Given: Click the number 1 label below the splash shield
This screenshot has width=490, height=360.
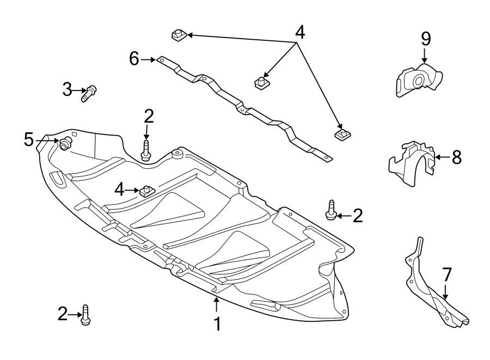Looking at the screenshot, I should pyautogui.click(x=217, y=324).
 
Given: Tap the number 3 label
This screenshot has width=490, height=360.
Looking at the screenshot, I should pyautogui.click(x=66, y=89).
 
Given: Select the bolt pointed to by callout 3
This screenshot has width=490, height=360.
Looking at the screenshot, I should pyautogui.click(x=88, y=93).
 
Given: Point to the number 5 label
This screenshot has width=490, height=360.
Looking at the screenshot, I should pyautogui.click(x=29, y=140).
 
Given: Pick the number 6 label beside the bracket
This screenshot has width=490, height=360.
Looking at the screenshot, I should pyautogui.click(x=134, y=58).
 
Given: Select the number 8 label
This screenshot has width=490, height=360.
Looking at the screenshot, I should pyautogui.click(x=456, y=157).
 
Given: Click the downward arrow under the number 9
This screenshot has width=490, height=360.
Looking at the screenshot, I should pyautogui.click(x=425, y=54).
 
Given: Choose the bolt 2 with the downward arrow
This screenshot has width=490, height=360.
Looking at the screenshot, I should pyautogui.click(x=146, y=150).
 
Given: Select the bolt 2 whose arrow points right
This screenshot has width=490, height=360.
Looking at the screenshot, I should pyautogui.click(x=85, y=315).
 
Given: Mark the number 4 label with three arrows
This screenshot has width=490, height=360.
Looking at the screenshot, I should pyautogui.click(x=299, y=33).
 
